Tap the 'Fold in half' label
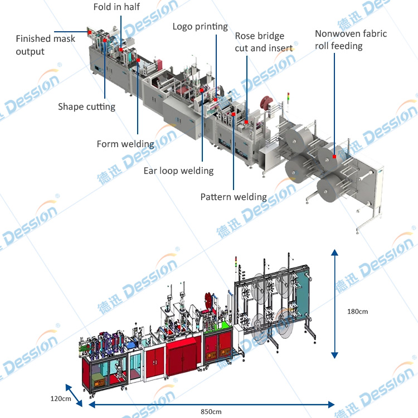point(116,7)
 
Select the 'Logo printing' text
point(200,26)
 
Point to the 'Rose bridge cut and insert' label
point(264,42)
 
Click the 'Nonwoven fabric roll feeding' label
point(351,40)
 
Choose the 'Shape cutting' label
point(86,106)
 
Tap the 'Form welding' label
point(125,144)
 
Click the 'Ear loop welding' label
point(178,171)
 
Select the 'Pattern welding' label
point(234,197)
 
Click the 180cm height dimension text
point(357,311)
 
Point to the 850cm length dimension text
point(211,411)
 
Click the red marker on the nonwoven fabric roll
point(334,157)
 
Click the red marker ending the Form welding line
point(138,60)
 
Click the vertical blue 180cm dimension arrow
point(334,304)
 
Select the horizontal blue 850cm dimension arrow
point(211,404)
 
